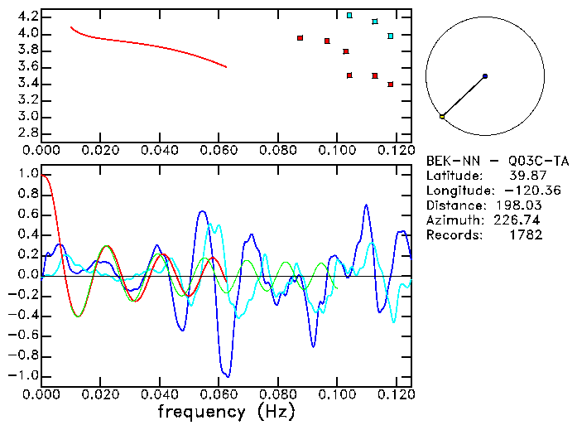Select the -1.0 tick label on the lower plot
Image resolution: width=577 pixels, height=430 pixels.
point(24,375)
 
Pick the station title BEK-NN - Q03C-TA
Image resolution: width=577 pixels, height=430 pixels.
point(498,161)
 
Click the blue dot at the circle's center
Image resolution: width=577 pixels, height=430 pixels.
point(484,76)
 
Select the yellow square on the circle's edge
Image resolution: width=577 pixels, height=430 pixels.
point(442,117)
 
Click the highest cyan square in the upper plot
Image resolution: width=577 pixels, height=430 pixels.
point(349,15)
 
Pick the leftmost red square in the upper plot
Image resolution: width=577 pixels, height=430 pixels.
point(300,37)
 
